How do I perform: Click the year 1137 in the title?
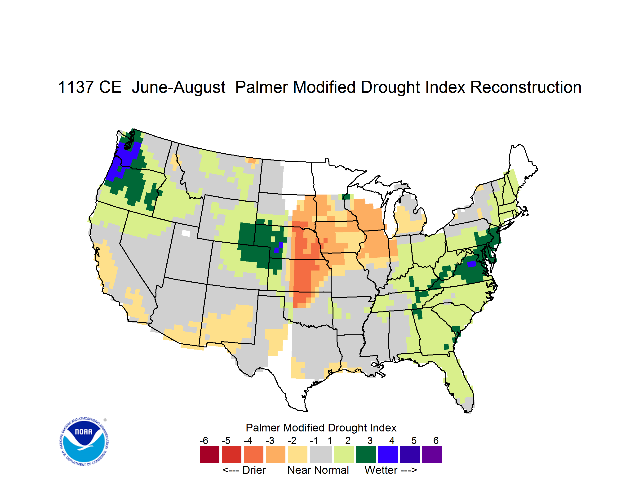click(75, 87)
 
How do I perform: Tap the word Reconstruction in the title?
click(526, 87)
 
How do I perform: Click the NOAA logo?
click(84, 442)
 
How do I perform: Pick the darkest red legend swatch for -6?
click(209, 455)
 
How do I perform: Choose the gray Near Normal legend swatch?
click(321, 455)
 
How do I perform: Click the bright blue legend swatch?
click(388, 455)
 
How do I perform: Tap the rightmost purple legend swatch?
click(432, 455)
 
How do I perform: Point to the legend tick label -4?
click(248, 440)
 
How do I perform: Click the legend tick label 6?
click(436, 440)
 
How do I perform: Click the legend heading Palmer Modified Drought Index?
click(321, 428)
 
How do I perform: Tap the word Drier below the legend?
click(254, 470)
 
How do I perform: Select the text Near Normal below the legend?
click(318, 470)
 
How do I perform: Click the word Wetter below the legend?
click(381, 470)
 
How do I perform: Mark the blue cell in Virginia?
click(471, 264)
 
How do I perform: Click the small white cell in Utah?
click(186, 233)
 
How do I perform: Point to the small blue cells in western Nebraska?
click(279, 248)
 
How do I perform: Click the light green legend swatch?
click(344, 455)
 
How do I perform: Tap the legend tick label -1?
click(314, 440)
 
